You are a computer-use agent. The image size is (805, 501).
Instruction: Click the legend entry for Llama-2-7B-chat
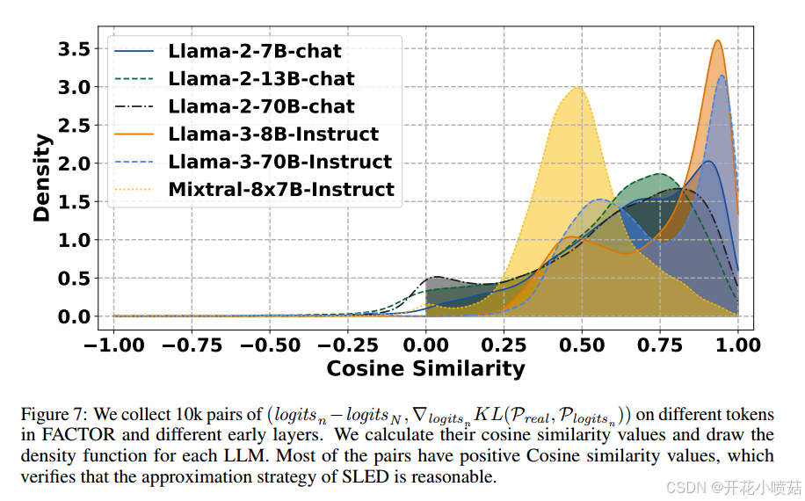point(255,51)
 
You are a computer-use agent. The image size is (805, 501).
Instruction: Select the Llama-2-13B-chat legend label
point(261,79)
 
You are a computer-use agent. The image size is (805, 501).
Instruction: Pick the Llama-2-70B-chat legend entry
point(261,106)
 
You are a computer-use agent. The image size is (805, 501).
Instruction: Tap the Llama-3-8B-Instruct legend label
point(273,134)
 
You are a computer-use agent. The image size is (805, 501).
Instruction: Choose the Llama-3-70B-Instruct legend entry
point(279,162)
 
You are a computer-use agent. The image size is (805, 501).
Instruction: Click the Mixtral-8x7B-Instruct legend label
point(281,190)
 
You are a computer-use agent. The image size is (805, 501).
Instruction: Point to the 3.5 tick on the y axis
point(73,49)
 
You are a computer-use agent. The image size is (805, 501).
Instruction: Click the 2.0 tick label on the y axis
point(73,163)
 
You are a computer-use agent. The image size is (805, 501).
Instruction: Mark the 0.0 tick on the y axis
point(73,316)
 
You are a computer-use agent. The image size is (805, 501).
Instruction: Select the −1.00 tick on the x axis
point(112,345)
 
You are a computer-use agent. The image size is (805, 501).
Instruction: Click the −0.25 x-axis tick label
point(346,345)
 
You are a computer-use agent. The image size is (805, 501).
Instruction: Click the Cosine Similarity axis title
point(425,368)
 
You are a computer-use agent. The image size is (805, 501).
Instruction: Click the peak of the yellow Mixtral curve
point(577,87)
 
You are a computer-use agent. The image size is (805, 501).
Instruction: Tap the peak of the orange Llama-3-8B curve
point(718,40)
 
